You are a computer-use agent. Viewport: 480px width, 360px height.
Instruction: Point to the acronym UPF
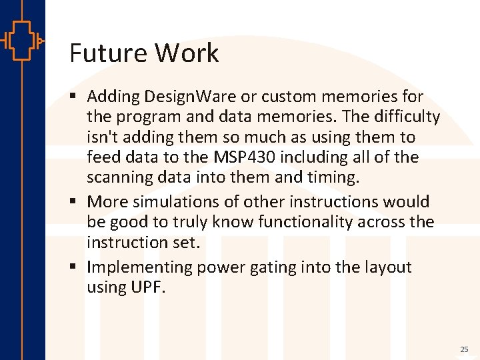pyautogui.click(x=148, y=287)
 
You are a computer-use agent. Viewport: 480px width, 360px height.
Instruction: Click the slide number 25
pyautogui.click(x=464, y=349)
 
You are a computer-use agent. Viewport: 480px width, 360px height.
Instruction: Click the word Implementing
pyautogui.click(x=139, y=267)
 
